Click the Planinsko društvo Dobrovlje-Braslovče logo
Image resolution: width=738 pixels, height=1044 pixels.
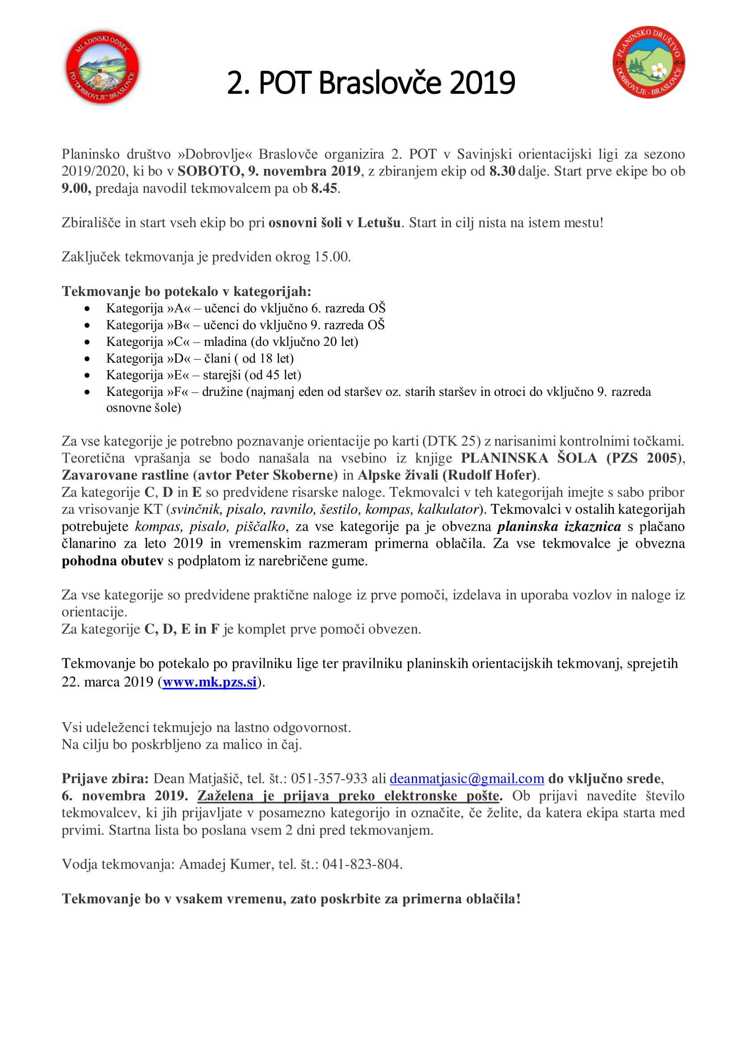[x=648, y=62]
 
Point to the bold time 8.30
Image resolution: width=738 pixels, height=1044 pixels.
[x=502, y=171]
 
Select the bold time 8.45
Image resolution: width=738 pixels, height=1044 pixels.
[x=324, y=188]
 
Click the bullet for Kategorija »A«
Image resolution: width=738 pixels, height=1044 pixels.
[x=87, y=309]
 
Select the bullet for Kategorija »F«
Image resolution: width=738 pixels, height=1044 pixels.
[x=87, y=392]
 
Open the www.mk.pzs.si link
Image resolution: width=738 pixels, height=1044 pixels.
[x=210, y=682]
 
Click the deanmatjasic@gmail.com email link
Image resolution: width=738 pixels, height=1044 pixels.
[x=467, y=779]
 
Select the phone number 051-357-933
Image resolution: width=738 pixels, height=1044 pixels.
[x=328, y=779]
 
